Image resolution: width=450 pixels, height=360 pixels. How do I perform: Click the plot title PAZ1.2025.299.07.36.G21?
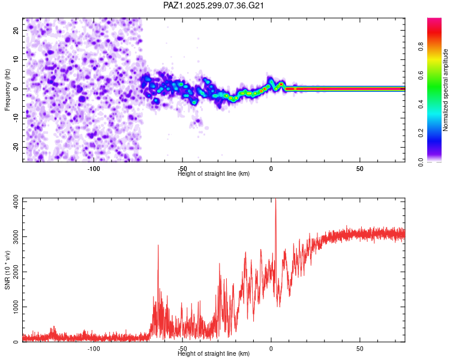[x=214, y=5]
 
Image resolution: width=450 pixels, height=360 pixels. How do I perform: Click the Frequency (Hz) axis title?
[x=8, y=89]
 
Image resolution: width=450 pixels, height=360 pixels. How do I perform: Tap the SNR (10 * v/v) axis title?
[x=8, y=269]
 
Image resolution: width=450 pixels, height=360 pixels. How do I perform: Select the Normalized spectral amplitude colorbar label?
[x=446, y=91]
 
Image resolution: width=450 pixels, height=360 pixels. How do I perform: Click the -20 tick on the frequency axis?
[x=15, y=147]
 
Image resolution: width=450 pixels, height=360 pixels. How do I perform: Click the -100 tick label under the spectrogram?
[x=93, y=169]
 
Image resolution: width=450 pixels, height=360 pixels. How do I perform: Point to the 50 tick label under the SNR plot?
[x=359, y=349]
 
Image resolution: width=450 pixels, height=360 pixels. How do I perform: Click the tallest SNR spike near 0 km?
[x=275, y=202]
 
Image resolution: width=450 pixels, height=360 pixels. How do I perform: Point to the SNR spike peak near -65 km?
[x=158, y=245]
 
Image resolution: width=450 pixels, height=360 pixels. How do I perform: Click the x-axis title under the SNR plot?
[x=214, y=354]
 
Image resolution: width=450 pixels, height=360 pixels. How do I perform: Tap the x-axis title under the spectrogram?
[x=214, y=174]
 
